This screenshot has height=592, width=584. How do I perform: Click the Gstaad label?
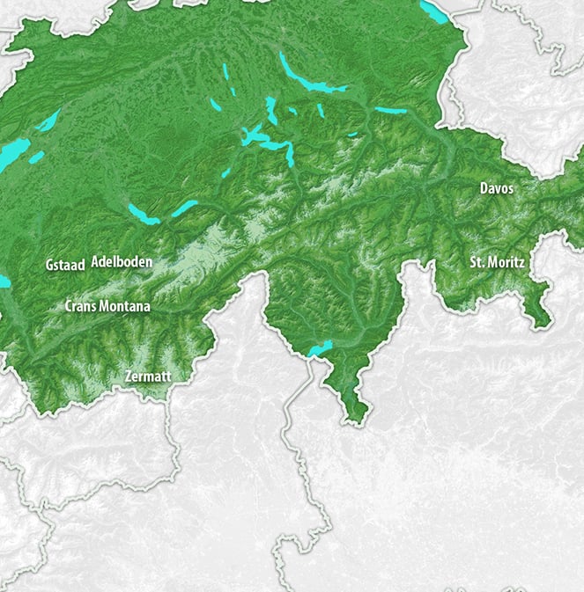pos(64,264)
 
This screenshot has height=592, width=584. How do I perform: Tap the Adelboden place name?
pos(122,262)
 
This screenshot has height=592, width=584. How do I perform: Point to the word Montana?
pos(128,307)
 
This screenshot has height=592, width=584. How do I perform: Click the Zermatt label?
pos(147,376)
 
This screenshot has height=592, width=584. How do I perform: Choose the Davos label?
pos(496,188)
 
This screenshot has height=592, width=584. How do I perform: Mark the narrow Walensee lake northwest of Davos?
pos(391,111)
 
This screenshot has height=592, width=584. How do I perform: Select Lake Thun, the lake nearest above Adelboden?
pos(142,214)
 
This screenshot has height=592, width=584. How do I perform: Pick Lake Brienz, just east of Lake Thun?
pos(184,208)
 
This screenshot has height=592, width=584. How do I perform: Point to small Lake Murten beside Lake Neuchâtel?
pos(36,157)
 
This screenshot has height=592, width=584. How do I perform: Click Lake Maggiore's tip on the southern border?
pos(320,349)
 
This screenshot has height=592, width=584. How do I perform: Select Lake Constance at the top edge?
pos(433,10)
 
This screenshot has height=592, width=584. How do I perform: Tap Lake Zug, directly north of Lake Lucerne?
pos(271,111)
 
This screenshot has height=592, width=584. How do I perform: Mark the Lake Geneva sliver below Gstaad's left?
pos(4,281)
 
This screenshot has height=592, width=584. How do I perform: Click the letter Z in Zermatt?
pos(129,376)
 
